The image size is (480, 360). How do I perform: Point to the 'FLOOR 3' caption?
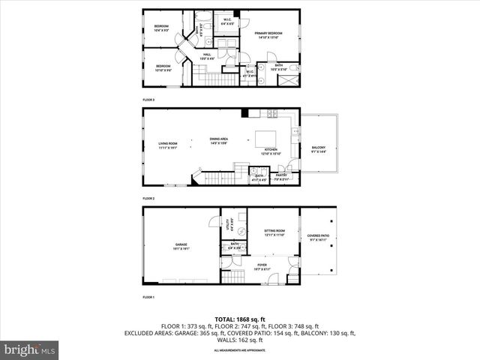pos(148,100)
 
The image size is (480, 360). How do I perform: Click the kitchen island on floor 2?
pos(265,139)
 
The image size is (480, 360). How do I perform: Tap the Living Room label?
pos(167,146)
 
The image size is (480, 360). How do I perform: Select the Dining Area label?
pos(219,140)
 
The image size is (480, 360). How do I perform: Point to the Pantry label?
pos(281,177)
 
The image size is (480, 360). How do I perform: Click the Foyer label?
pos(262,265)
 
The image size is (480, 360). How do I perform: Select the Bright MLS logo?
pos(30,349)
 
